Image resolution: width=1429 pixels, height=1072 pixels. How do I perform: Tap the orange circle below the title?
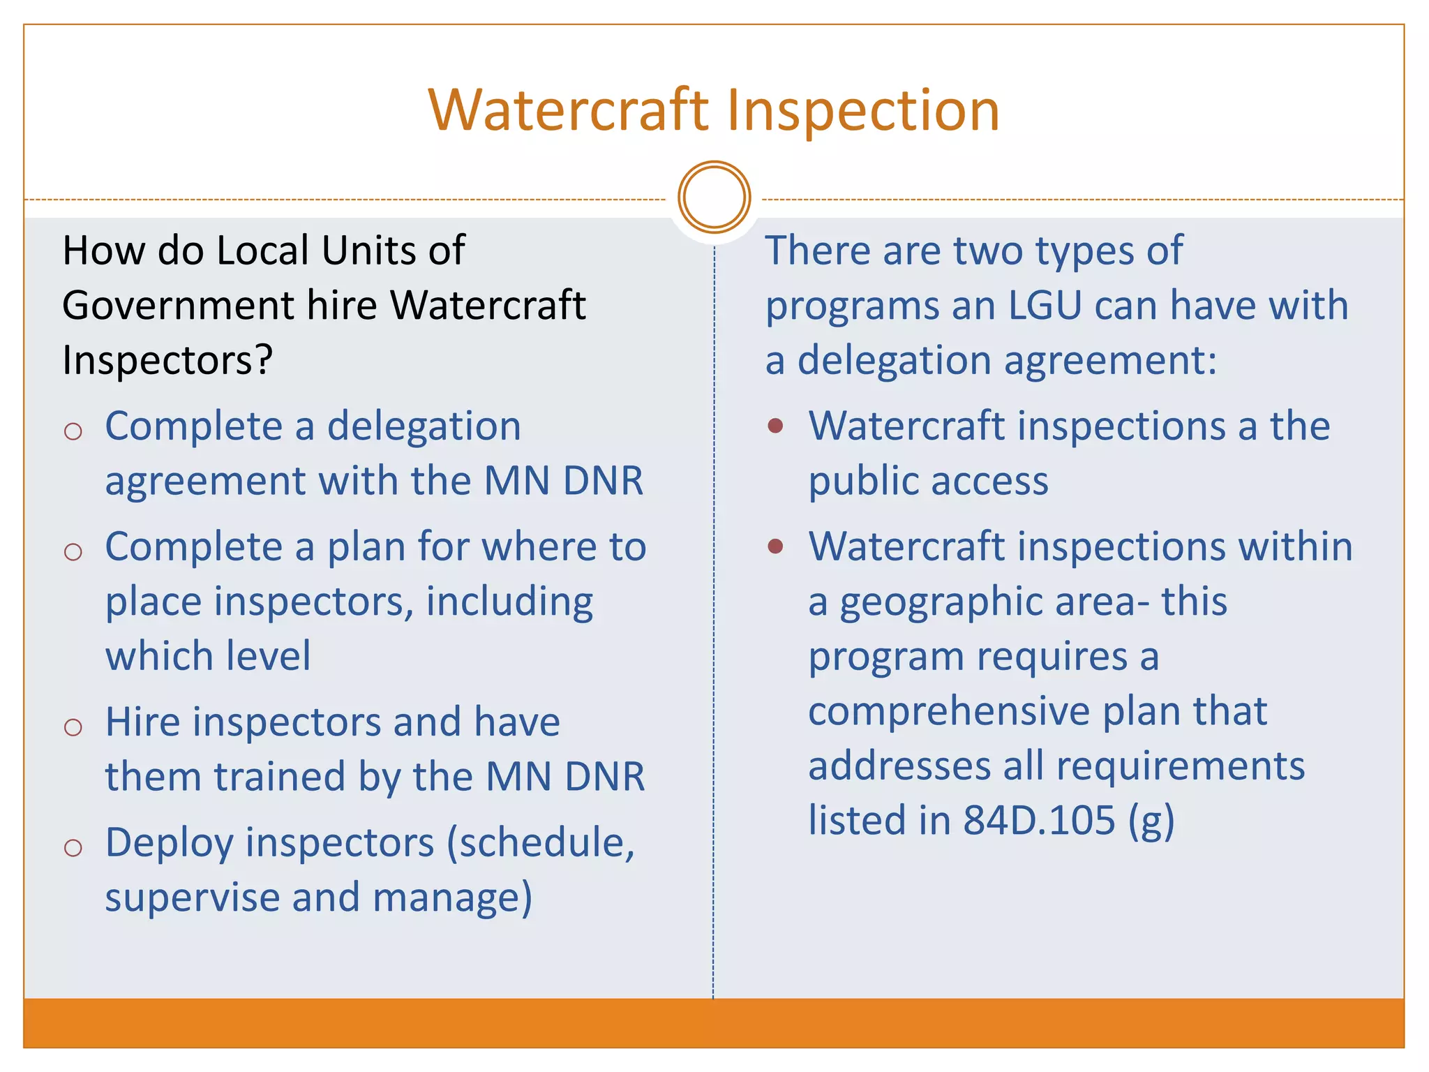(714, 198)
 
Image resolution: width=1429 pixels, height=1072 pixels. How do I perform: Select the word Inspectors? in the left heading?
(167, 361)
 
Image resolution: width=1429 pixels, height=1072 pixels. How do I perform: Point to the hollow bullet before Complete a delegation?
(73, 431)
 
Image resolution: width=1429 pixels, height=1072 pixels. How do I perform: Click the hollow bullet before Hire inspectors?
(73, 727)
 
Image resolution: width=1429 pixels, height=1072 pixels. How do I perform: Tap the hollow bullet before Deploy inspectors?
(73, 848)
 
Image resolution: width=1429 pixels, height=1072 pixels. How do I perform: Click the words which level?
(208, 657)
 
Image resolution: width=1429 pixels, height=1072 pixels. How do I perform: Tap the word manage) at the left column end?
(453, 898)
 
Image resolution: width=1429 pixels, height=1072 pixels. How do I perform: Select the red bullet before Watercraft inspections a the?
(775, 425)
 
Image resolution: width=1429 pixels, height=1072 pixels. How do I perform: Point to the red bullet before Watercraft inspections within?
(775, 546)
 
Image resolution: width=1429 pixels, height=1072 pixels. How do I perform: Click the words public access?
(928, 482)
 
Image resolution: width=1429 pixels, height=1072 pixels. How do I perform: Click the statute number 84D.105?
(1039, 820)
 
